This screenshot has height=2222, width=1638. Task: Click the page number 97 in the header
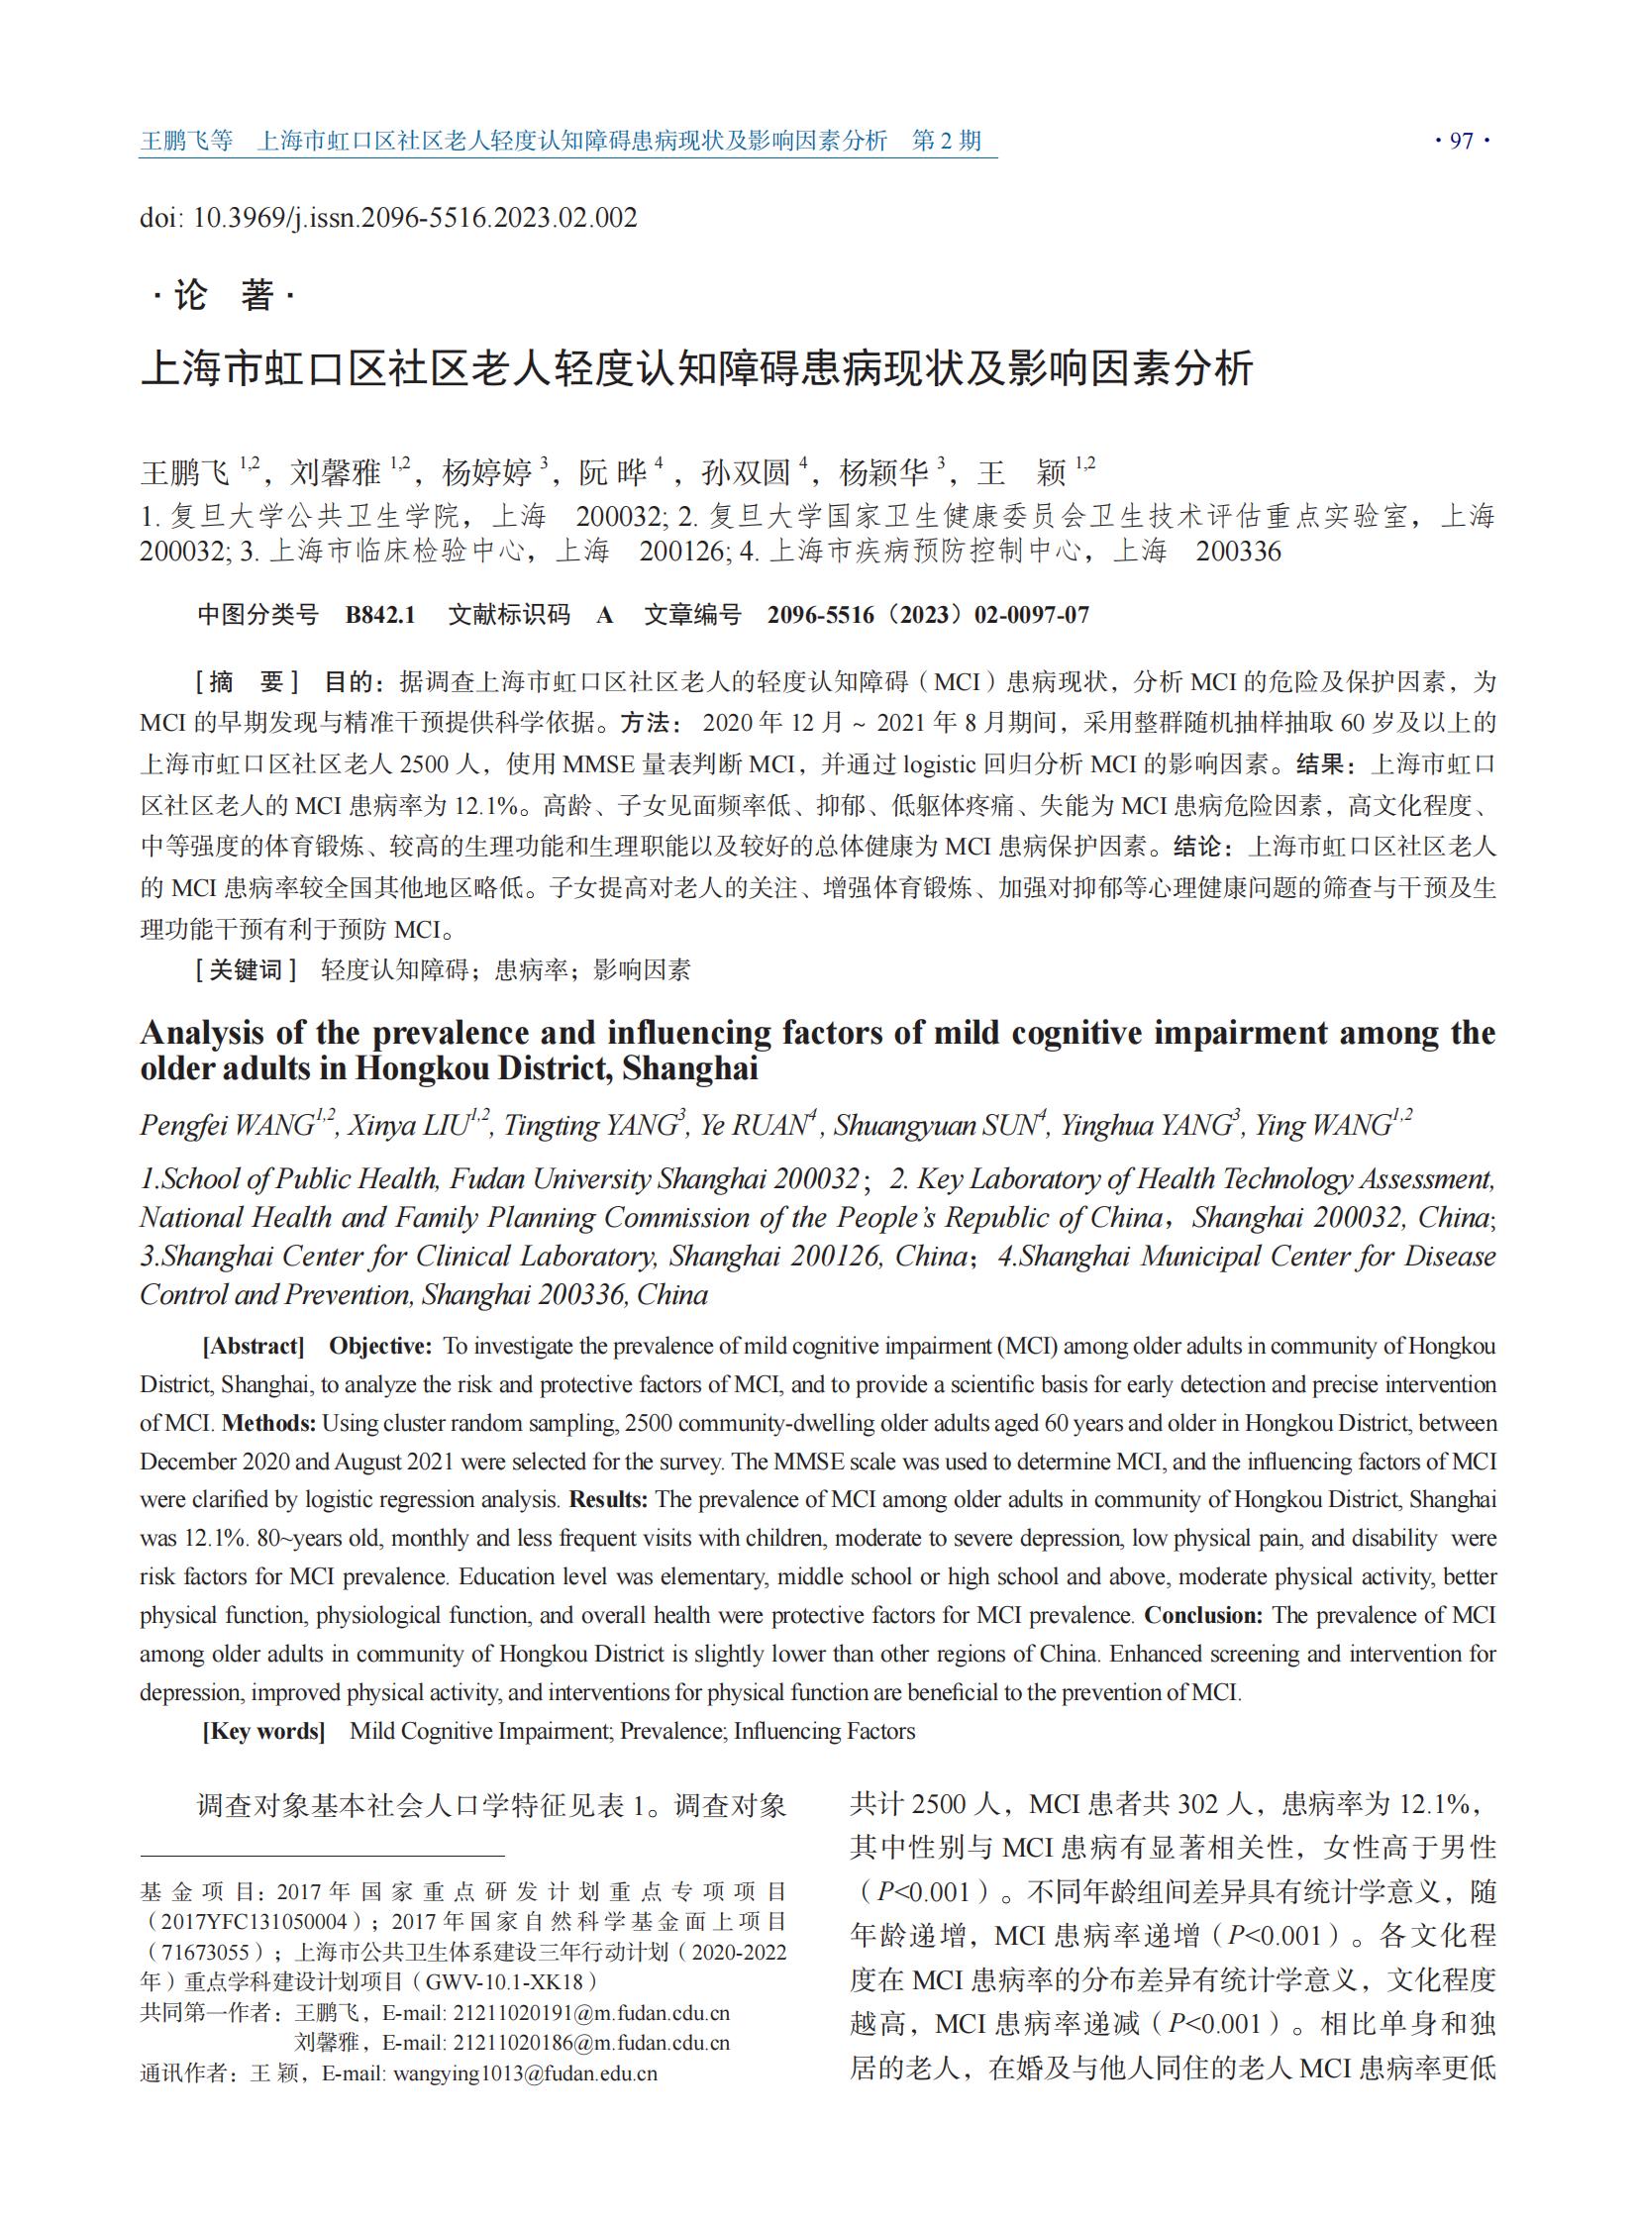coord(1462,141)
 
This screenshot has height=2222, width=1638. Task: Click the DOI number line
coord(387,217)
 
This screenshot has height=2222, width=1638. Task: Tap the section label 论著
coord(224,294)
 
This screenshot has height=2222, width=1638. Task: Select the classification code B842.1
coord(379,615)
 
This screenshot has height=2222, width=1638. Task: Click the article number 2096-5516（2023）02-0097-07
coord(928,615)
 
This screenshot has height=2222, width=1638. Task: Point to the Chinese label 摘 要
coord(247,682)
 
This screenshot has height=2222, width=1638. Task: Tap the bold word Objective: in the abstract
coord(379,1346)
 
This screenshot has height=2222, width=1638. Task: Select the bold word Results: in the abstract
coord(608,1499)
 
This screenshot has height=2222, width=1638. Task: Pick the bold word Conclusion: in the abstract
coord(1202,1615)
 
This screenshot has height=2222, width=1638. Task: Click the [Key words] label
coord(263,1731)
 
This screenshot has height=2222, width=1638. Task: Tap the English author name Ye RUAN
coord(754,1126)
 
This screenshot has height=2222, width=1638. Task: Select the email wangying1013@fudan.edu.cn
coord(525,2073)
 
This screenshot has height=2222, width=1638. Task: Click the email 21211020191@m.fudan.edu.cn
coord(591,2014)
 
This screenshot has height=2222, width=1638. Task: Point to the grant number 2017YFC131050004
coord(255,1921)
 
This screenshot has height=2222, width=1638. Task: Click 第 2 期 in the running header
coord(946,141)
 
